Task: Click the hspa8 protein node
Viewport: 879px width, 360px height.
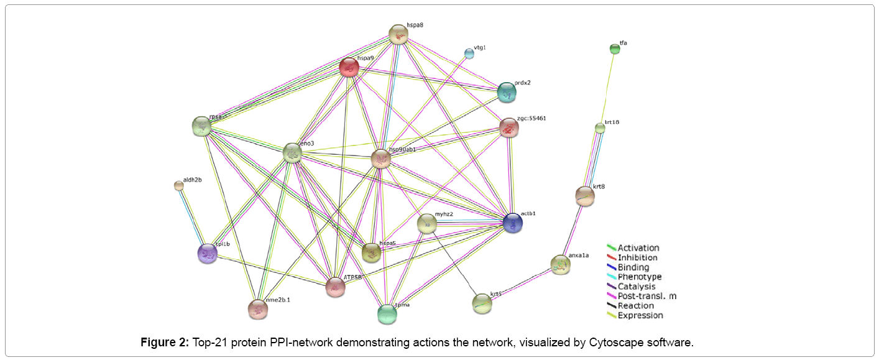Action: (x=398, y=35)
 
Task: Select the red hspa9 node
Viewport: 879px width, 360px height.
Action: (x=349, y=67)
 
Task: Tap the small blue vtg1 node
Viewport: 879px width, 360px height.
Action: (x=469, y=54)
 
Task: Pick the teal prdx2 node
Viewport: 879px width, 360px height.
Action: (x=507, y=93)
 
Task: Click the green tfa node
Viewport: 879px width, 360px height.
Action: (x=615, y=49)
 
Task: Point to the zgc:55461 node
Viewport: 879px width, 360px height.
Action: (x=509, y=128)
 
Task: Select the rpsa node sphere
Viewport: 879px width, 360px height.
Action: (x=202, y=126)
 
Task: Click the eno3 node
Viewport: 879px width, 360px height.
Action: (x=292, y=153)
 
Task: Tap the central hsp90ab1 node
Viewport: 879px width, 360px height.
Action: (x=381, y=159)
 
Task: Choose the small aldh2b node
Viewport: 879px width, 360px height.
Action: (x=179, y=185)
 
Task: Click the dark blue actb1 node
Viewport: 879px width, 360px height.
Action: (x=513, y=223)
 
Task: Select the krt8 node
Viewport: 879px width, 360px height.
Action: (x=585, y=196)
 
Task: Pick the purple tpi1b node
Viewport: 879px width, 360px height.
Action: (x=207, y=254)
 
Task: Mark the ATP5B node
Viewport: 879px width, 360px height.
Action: (x=336, y=287)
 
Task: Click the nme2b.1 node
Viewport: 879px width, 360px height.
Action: (x=257, y=309)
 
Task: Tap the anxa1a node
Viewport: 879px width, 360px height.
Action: (x=560, y=265)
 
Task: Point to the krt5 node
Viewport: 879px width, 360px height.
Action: (x=482, y=303)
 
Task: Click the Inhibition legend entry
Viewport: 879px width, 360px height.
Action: (x=637, y=257)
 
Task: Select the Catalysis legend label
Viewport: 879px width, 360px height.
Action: (x=636, y=287)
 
